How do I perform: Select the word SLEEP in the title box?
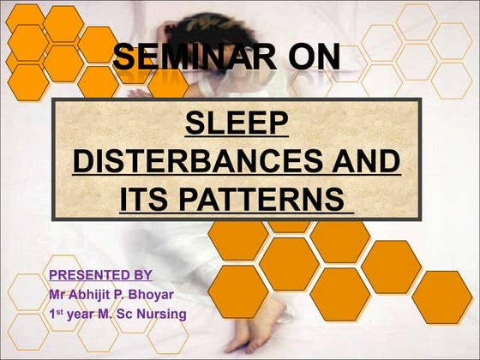(x=236, y=124)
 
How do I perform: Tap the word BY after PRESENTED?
(x=141, y=275)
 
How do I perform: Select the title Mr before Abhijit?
(x=57, y=295)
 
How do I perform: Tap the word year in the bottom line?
(x=82, y=315)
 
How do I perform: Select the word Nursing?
(x=163, y=315)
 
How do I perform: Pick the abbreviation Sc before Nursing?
(x=128, y=315)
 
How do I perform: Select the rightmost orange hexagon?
(x=442, y=297)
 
